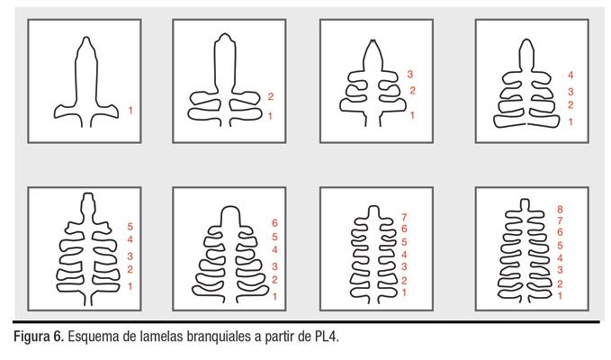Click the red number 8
point(560,209)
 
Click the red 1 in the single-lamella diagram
point(130,111)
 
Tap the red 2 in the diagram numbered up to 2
point(271,96)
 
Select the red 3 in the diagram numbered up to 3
point(410,74)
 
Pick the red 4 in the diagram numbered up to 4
point(571,75)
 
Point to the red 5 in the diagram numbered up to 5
point(130,227)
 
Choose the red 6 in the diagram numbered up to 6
point(274,223)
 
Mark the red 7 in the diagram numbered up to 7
point(404,217)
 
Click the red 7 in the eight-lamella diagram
point(560,220)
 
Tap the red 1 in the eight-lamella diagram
point(560,296)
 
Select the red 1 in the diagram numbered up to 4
point(571,121)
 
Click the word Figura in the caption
point(31,337)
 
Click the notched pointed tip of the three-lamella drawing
point(373,41)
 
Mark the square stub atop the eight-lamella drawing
point(525,204)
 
